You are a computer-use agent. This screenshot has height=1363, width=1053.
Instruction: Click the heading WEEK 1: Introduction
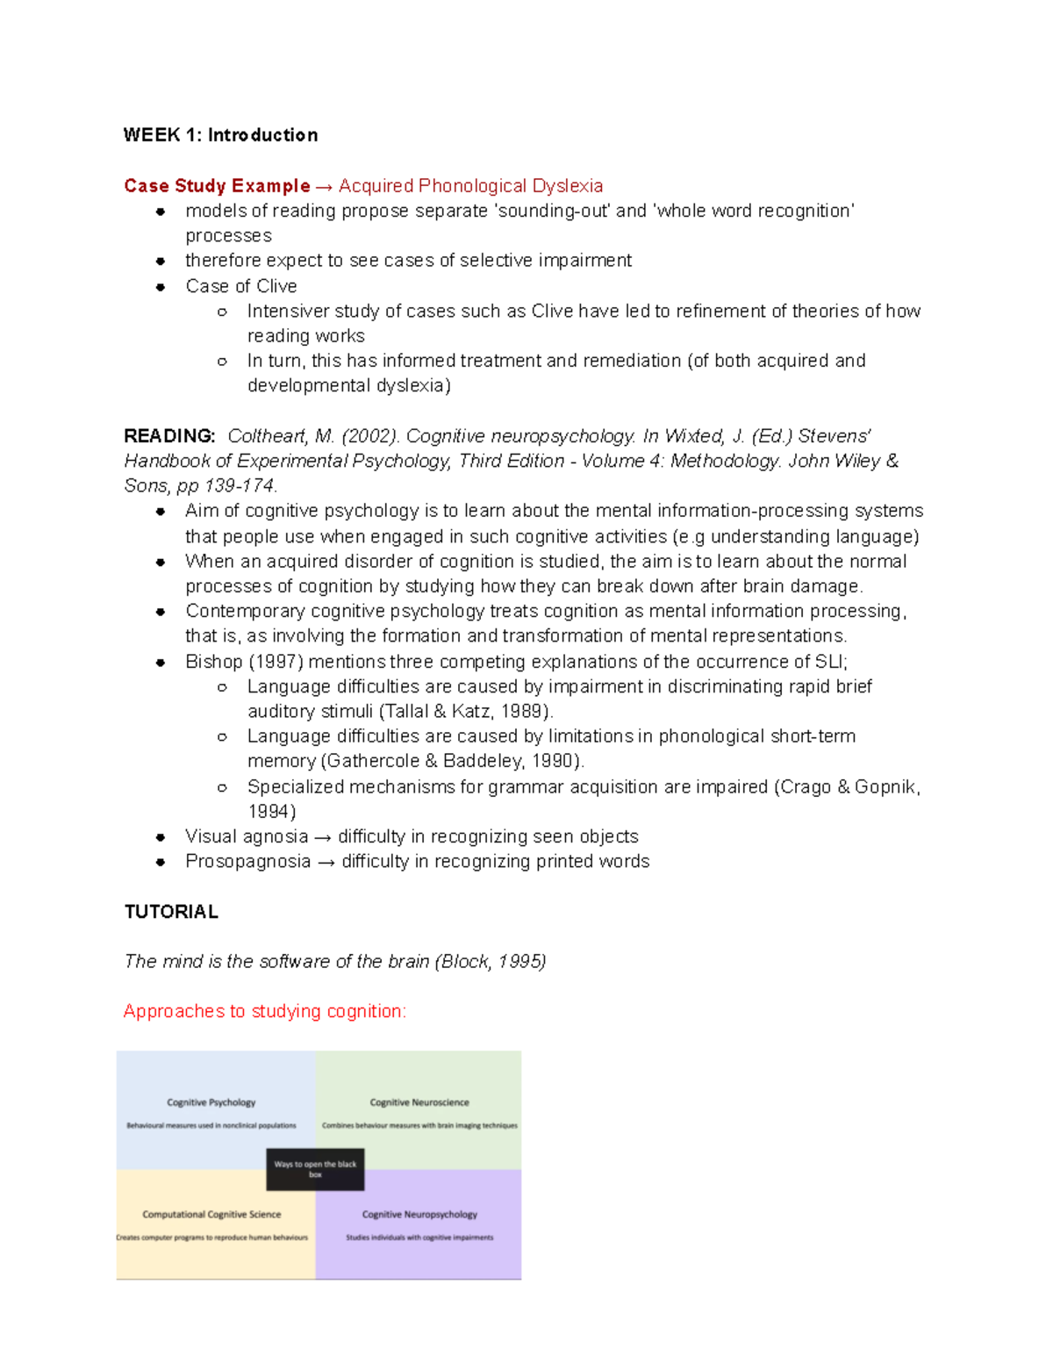[x=220, y=135]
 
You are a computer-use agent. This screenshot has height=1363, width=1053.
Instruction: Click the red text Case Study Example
[x=217, y=186]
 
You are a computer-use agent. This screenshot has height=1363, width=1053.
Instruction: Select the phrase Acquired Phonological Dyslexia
[x=470, y=186]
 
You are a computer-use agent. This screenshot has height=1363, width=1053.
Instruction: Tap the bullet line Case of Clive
[x=241, y=286]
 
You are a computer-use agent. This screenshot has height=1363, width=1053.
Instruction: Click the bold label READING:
[x=169, y=436]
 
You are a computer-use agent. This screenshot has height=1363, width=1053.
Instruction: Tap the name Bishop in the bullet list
[x=213, y=662]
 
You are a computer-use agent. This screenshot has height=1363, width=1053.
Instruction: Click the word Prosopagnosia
[x=247, y=862]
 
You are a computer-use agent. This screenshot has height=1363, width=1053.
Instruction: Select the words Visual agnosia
[x=247, y=836]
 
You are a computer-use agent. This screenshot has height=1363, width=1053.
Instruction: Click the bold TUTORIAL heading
[x=171, y=912]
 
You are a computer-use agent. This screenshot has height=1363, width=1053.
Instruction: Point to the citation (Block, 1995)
[x=490, y=962]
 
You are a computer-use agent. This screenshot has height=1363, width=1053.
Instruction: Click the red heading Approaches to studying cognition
[x=264, y=1011]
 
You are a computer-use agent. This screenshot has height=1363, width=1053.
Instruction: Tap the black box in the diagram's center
[x=315, y=1170]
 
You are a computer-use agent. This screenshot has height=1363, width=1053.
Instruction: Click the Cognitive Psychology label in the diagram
[x=211, y=1102]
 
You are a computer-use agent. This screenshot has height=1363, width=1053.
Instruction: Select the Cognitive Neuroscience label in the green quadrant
[x=419, y=1102]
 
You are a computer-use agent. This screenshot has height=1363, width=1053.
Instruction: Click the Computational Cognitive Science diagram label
[x=211, y=1215]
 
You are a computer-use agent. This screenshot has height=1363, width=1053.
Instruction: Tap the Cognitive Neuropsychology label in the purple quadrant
[x=419, y=1215]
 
